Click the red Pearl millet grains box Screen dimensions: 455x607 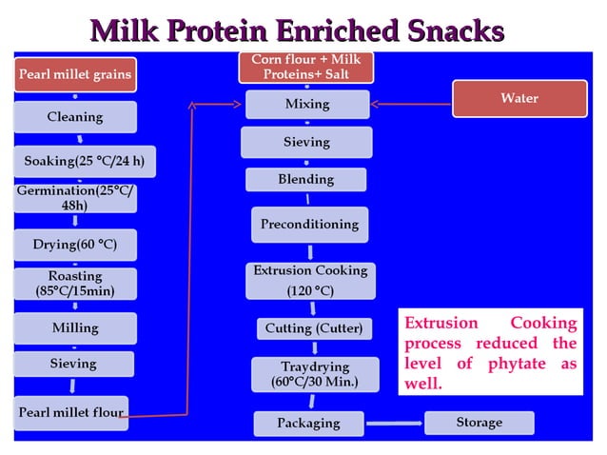(75, 72)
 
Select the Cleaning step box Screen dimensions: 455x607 (75, 117)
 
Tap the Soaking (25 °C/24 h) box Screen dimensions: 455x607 (83, 160)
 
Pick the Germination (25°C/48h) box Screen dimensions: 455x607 (75, 198)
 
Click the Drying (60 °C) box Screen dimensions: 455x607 (75, 245)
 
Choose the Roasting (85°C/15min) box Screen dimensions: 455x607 (75, 284)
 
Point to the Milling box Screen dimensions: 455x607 (75, 328)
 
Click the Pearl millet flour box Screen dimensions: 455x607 (71, 413)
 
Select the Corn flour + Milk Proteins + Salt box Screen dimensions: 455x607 (305, 67)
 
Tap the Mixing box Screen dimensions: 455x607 (306, 103)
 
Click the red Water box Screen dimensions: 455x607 (519, 98)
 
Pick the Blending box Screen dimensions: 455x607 (305, 179)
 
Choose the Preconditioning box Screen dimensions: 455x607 (309, 225)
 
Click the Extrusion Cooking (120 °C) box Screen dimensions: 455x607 (309, 281)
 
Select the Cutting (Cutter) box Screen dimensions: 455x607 (313, 328)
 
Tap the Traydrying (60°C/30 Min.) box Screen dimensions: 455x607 (314, 374)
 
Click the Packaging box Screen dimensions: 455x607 (307, 423)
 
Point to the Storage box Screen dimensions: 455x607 (479, 422)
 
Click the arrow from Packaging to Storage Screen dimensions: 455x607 (394, 423)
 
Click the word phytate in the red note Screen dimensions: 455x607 (514, 365)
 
